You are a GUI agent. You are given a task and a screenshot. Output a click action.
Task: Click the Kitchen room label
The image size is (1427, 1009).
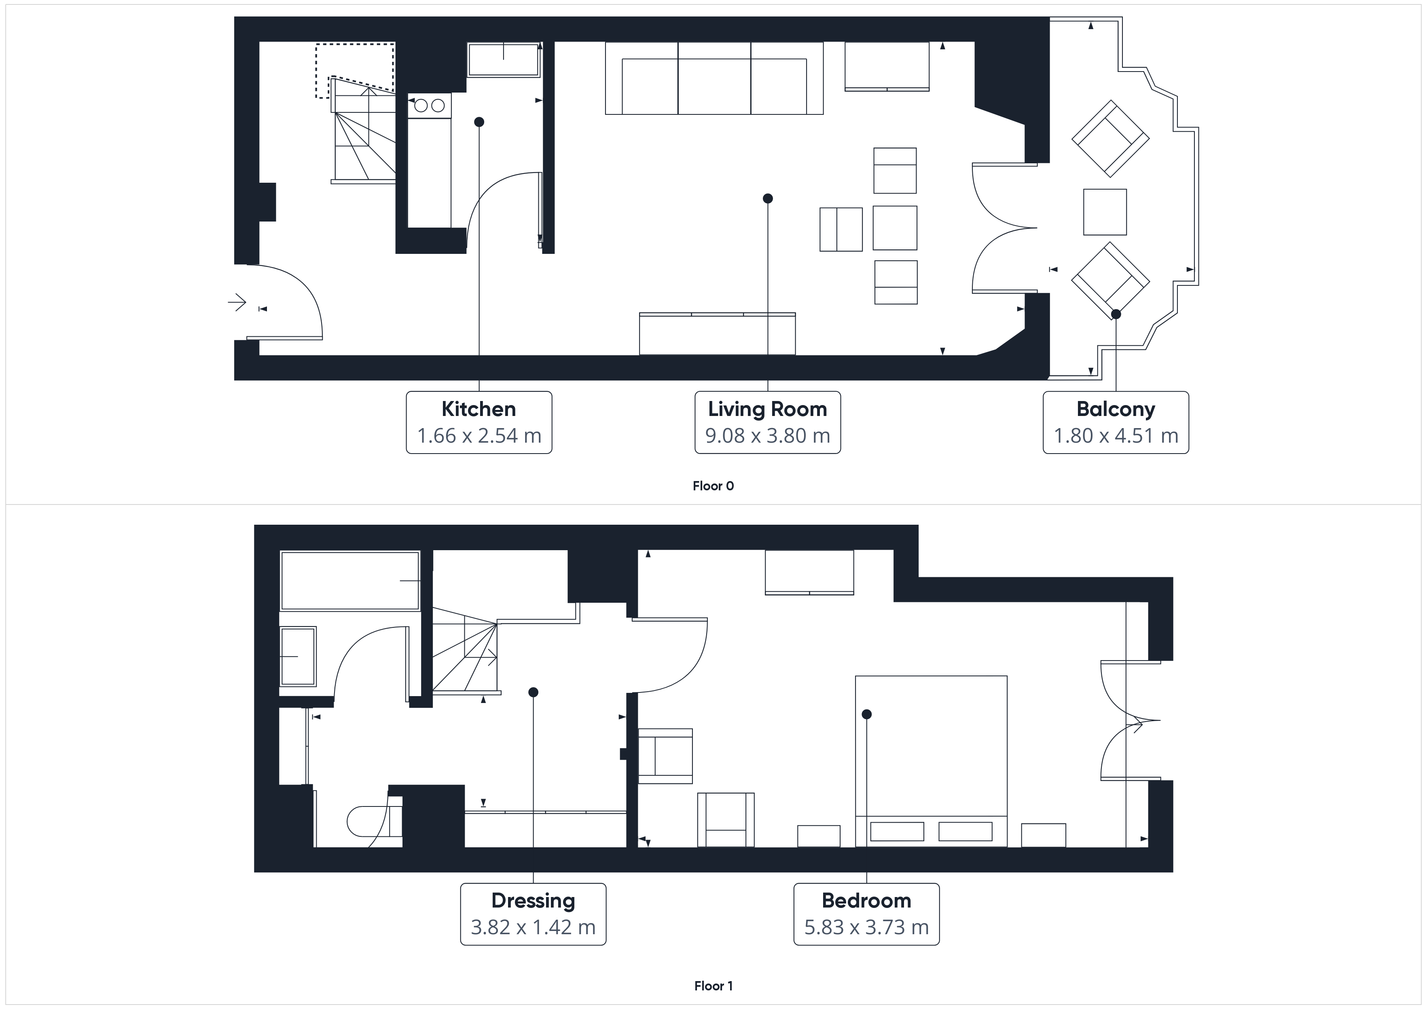[478, 409]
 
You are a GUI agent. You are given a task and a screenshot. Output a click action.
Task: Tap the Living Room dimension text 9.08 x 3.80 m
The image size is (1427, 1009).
[768, 435]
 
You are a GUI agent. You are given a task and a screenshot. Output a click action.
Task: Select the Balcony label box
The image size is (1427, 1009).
[1116, 422]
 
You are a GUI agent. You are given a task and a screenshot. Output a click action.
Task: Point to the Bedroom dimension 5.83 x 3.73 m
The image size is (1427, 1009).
[866, 927]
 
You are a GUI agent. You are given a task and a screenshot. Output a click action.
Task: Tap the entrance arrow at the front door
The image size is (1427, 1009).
[237, 303]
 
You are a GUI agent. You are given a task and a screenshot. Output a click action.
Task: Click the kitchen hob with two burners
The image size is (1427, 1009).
[430, 106]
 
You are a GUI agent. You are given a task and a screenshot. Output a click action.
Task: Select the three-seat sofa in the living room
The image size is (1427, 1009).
[714, 78]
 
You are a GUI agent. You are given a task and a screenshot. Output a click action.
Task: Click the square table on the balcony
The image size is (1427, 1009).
[1105, 212]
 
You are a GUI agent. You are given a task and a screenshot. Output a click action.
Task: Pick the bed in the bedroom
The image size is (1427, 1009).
[931, 761]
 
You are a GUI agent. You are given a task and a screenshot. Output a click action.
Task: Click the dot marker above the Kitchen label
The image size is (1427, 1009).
[478, 122]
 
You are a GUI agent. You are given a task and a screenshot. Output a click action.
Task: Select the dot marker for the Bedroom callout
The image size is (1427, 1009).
[866, 714]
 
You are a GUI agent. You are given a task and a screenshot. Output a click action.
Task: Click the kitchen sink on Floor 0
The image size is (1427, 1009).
[504, 60]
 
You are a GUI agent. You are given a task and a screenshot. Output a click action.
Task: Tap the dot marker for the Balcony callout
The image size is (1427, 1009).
[1116, 315]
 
